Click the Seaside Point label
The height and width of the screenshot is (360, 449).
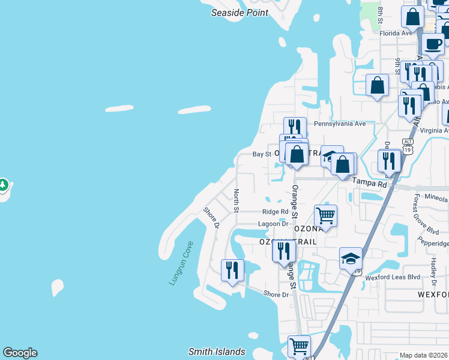click(x=239, y=13)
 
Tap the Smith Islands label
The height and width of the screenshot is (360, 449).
click(x=217, y=352)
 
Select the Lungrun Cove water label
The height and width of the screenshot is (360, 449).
click(x=181, y=263)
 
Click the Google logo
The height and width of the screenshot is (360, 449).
click(x=20, y=353)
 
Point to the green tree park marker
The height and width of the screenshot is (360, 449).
click(x=3, y=185)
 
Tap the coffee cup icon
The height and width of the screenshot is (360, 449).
click(x=433, y=43)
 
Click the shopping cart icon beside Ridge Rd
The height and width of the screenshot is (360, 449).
click(x=325, y=215)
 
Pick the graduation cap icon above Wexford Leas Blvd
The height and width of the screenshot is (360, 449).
click(x=351, y=258)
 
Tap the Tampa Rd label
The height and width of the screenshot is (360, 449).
click(x=370, y=182)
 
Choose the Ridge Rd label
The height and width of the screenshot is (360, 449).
click(x=276, y=212)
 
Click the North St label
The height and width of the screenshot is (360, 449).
click(x=237, y=200)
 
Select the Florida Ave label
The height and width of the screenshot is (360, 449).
click(x=396, y=33)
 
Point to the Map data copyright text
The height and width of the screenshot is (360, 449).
click(x=423, y=355)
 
